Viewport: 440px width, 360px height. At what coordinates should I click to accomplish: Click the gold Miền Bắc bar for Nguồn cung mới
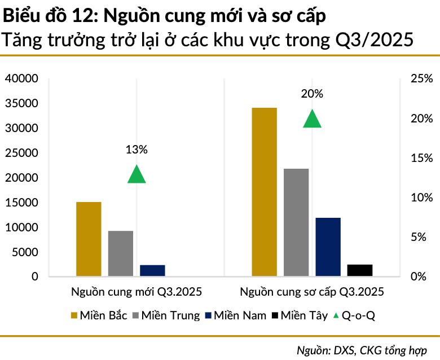point(89,239)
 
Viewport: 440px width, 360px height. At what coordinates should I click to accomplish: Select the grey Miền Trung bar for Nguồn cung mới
point(121,254)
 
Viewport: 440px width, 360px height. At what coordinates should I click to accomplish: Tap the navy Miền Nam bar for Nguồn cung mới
point(152,271)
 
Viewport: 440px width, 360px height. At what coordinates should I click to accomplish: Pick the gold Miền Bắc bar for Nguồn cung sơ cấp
point(265,192)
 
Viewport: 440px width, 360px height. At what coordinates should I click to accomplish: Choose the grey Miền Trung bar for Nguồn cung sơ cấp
point(296,222)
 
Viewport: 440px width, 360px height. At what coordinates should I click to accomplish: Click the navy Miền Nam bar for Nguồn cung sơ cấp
point(328,247)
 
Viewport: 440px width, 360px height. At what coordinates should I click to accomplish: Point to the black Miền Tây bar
point(360,270)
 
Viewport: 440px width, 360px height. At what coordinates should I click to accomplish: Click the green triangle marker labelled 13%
point(137,175)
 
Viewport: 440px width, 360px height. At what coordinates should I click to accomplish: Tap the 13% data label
point(136,150)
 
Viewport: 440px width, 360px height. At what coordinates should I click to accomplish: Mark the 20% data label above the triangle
point(312,94)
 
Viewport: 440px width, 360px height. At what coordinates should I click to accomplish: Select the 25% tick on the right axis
point(421,79)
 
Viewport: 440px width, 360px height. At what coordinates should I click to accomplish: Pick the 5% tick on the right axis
point(421,237)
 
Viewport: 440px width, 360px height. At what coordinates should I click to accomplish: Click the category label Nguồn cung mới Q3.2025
point(136,292)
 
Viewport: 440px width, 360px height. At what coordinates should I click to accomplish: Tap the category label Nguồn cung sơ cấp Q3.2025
point(312,292)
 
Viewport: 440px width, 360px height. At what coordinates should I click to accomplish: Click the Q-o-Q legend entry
point(353,315)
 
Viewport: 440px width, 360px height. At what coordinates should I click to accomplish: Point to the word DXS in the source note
point(345,349)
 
